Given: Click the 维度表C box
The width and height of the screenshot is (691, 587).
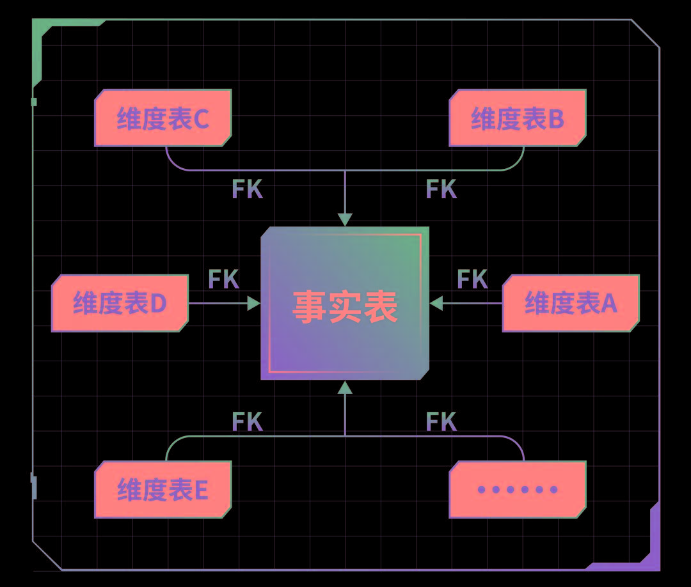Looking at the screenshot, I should click(163, 118).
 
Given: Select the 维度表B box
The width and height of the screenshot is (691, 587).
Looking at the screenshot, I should click(517, 118).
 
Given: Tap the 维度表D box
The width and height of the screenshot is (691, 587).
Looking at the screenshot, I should click(120, 303).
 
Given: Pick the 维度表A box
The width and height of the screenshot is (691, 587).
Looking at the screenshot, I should click(571, 303).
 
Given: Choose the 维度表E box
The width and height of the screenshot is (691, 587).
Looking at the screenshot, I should click(163, 489).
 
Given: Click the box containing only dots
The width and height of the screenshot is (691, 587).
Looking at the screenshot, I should click(517, 489).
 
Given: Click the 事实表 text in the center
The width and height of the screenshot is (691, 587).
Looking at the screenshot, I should click(345, 306).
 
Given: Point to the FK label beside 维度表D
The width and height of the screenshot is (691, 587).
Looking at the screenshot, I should click(223, 279).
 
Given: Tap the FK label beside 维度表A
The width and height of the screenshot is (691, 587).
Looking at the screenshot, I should click(472, 279).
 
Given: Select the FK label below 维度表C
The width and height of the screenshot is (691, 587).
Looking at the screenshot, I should click(247, 189).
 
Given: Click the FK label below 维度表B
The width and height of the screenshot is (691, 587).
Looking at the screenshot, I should click(441, 189).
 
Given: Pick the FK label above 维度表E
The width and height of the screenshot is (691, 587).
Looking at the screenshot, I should click(247, 422).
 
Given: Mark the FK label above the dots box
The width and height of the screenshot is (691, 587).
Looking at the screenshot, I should click(441, 422).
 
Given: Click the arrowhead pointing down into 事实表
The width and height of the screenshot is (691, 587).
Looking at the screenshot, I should click(345, 219).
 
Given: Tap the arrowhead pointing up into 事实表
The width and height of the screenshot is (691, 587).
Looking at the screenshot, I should click(345, 387).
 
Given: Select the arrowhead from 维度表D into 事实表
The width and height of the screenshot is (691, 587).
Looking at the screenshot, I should click(254, 303).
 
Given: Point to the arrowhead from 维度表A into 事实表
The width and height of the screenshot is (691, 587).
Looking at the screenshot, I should click(436, 303).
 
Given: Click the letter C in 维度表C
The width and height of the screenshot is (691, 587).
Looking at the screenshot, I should click(201, 119).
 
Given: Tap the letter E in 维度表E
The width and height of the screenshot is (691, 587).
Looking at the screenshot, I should click(200, 490).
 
